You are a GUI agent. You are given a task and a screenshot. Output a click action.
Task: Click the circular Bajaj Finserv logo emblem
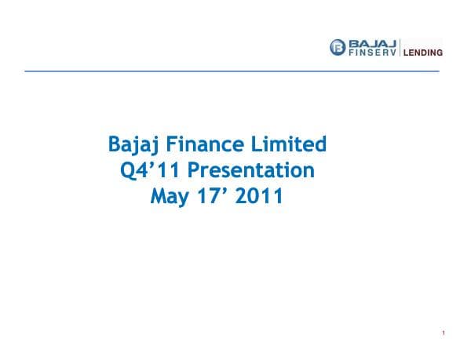point(338,47)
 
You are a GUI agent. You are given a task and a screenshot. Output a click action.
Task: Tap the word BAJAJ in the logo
point(372,42)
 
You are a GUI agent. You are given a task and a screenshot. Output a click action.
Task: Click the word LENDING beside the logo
point(423,53)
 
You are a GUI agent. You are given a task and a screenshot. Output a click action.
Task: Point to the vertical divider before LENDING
point(400,47)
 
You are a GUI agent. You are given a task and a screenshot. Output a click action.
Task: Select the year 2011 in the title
point(260,196)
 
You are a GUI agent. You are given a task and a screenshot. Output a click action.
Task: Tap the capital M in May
point(157,196)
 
